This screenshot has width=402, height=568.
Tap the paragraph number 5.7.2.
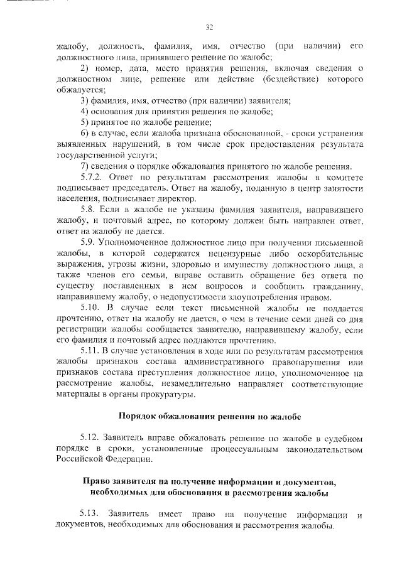pos(92,178)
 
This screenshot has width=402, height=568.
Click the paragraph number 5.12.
pos(91,436)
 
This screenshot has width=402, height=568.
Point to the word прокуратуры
pos(172,395)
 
